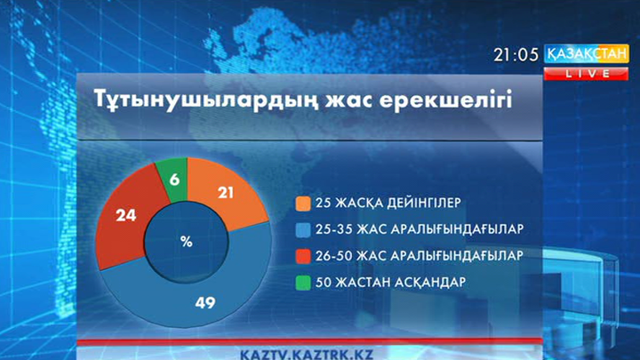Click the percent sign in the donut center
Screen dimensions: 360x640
pyautogui.click(x=186, y=241)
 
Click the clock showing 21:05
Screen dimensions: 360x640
pyautogui.click(x=516, y=54)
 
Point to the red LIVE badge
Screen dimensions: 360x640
pyautogui.click(x=586, y=74)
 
